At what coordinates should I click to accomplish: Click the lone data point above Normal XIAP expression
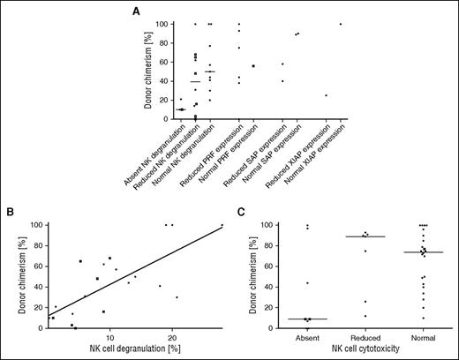click(x=340, y=24)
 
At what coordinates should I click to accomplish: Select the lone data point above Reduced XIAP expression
click(x=326, y=95)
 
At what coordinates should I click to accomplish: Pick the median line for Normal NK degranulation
click(x=210, y=71)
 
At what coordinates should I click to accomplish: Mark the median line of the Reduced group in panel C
click(x=357, y=236)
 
